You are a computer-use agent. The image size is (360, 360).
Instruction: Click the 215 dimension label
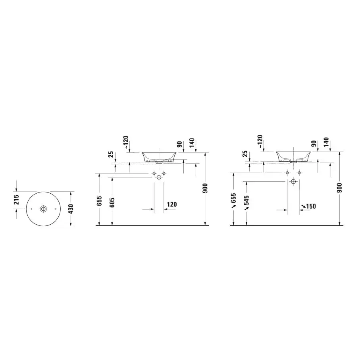point(16,200)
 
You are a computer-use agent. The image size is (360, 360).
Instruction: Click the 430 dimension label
point(71,209)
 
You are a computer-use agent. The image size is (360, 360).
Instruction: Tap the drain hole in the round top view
point(43,209)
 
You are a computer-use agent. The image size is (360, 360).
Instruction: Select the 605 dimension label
point(112,202)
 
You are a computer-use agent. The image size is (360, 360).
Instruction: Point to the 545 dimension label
point(246,200)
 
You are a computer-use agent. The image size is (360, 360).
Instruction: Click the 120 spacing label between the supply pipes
point(172,204)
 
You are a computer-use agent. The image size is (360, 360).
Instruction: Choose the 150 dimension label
point(311,206)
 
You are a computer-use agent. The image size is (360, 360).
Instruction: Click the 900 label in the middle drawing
point(205,188)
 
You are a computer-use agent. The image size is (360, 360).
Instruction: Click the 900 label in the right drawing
point(340,188)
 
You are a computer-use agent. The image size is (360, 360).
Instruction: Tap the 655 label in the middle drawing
point(99,201)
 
